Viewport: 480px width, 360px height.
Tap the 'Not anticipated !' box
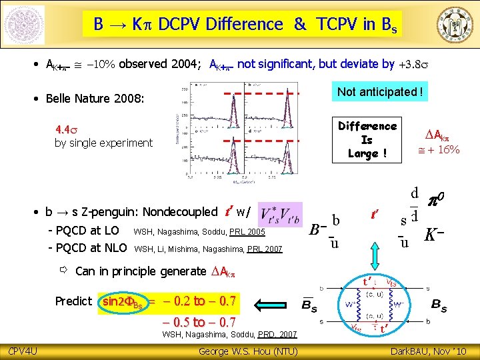[x=380, y=92]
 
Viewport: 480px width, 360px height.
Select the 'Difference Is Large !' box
[x=367, y=139]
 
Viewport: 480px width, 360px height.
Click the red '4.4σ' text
[x=67, y=129]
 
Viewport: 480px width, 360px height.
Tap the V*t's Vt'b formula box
[x=279, y=213]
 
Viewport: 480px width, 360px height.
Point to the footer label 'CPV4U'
[x=21, y=351]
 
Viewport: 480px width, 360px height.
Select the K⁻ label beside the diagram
[x=435, y=235]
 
